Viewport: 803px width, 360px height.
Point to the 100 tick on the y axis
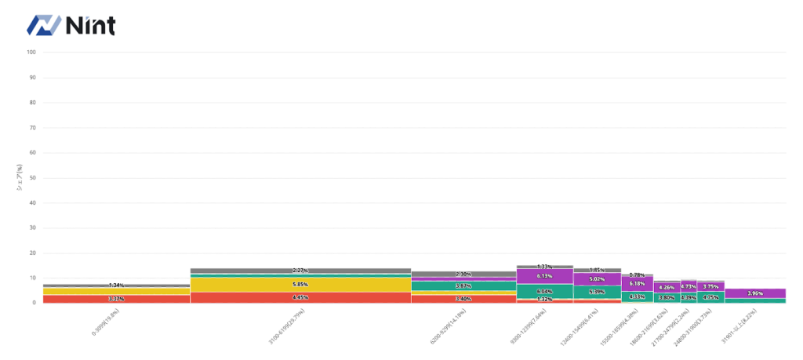coord(31,53)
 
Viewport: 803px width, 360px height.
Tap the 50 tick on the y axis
coord(32,178)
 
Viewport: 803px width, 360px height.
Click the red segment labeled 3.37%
coord(116,299)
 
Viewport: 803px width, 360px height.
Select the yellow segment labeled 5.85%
coord(300,284)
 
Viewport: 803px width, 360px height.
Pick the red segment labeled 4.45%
coord(300,297)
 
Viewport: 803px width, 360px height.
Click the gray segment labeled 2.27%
coord(300,271)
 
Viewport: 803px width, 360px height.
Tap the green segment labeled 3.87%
coord(463,286)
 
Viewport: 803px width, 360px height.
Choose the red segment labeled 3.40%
coord(463,298)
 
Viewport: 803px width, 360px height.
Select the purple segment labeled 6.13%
coord(544,276)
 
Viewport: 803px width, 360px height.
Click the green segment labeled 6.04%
coord(544,291)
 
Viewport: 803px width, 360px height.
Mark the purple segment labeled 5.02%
coord(597,279)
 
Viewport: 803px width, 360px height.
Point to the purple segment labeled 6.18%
coord(637,283)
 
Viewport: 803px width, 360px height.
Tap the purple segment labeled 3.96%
coord(755,293)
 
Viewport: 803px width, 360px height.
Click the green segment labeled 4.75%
coord(710,297)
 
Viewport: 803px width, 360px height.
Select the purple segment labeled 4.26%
coord(667,287)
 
